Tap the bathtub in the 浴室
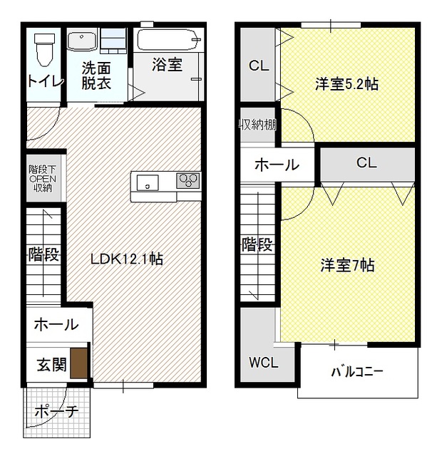169,40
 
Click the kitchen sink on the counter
148,182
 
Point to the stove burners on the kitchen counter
189,181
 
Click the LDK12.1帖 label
126,259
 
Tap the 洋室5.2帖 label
346,84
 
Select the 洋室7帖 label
346,266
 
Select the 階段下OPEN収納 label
41,178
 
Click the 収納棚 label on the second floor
257,125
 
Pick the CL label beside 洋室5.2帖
257,66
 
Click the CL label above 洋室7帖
366,163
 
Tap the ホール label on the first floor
55,324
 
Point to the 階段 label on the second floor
257,246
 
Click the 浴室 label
168,66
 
